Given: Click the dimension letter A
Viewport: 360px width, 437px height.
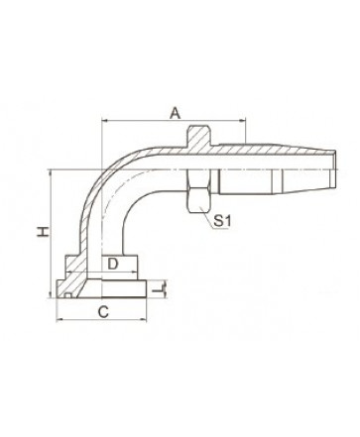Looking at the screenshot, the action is (176, 113).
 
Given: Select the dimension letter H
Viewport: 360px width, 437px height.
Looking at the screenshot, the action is (43, 232).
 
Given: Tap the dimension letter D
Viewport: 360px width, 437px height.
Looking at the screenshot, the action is (113, 264).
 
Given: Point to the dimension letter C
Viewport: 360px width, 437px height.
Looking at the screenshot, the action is (103, 312).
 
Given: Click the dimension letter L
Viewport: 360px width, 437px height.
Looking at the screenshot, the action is (159, 289).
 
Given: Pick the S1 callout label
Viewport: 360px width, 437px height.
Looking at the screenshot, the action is (222, 221).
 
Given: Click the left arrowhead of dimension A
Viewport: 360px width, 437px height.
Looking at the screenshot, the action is (105, 121).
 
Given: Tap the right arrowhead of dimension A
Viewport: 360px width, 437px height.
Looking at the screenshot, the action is (243, 121).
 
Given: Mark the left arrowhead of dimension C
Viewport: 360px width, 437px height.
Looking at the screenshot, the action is (60, 319).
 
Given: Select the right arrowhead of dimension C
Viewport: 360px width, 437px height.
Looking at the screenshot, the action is (143, 319).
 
